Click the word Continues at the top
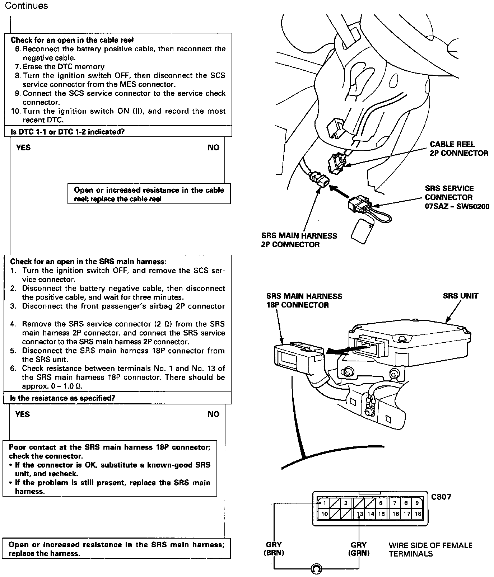click(26, 6)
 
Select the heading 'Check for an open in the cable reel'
click(72, 40)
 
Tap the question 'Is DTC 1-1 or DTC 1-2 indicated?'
click(67, 132)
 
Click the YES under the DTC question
click(23, 147)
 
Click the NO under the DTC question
click(213, 147)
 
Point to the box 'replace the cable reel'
click(149, 194)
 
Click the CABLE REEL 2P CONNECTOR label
click(459, 149)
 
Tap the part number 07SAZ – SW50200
click(457, 207)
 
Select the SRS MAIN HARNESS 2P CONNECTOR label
click(299, 240)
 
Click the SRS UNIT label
click(461, 296)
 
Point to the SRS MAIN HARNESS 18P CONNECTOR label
click(304, 301)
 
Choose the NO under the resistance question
click(213, 414)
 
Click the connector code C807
click(441, 497)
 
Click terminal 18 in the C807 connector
click(418, 514)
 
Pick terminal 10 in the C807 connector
click(324, 514)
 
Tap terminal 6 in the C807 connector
click(381, 503)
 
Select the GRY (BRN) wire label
click(274, 549)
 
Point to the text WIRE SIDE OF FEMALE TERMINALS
click(430, 549)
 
